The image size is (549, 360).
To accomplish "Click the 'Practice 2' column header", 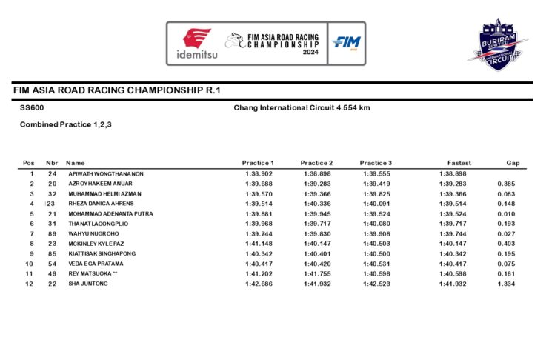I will click(316, 163).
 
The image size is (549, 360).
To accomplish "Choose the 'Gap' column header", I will click(513, 163).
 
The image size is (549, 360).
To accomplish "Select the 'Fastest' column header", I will click(459, 163).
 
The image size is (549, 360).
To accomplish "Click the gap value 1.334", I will click(507, 284).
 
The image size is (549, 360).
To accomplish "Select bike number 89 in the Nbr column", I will click(52, 233).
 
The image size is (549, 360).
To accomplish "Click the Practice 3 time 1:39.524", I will click(377, 213).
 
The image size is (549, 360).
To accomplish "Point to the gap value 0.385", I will click(507, 184).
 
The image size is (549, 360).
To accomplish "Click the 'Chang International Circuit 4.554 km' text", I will click(302, 108).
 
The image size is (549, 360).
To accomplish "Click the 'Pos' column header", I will click(29, 163).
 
